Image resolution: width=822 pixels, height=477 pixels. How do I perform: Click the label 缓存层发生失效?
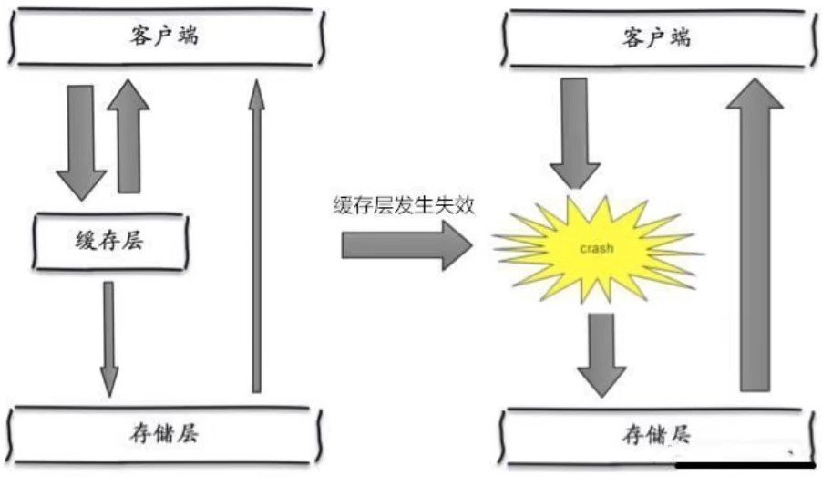[404, 205]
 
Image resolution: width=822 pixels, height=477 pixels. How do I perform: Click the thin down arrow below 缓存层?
[109, 337]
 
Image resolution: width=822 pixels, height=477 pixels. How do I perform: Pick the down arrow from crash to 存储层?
[601, 354]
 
